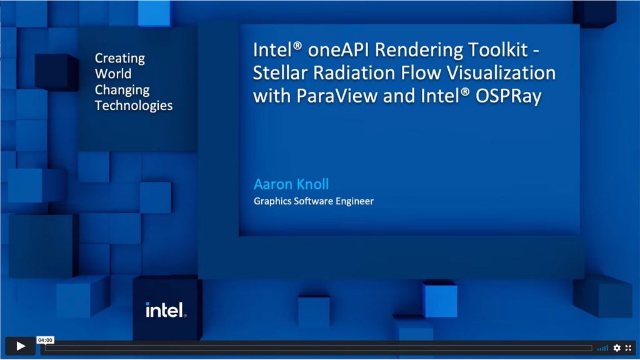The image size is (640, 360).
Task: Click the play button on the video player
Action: click(20, 346)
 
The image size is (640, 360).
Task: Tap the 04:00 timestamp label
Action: click(45, 340)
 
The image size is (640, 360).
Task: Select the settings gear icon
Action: click(617, 347)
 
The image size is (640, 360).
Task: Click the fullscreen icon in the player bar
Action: click(629, 347)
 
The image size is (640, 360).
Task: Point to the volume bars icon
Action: click(602, 347)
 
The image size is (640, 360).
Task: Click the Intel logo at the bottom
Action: click(166, 310)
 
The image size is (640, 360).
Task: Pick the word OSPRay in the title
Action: click(508, 96)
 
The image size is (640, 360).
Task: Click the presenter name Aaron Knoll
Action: click(291, 184)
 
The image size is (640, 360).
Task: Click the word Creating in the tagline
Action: click(119, 58)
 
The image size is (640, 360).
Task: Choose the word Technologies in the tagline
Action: click(134, 105)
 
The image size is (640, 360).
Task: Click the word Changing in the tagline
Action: click(122, 90)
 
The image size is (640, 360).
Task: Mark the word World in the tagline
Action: click(113, 74)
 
